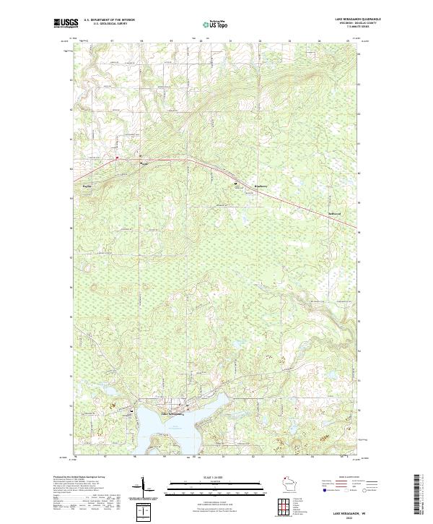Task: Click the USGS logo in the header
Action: click(x=66, y=23)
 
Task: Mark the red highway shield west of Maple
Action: click(x=116, y=157)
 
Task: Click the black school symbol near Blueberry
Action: click(x=235, y=184)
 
